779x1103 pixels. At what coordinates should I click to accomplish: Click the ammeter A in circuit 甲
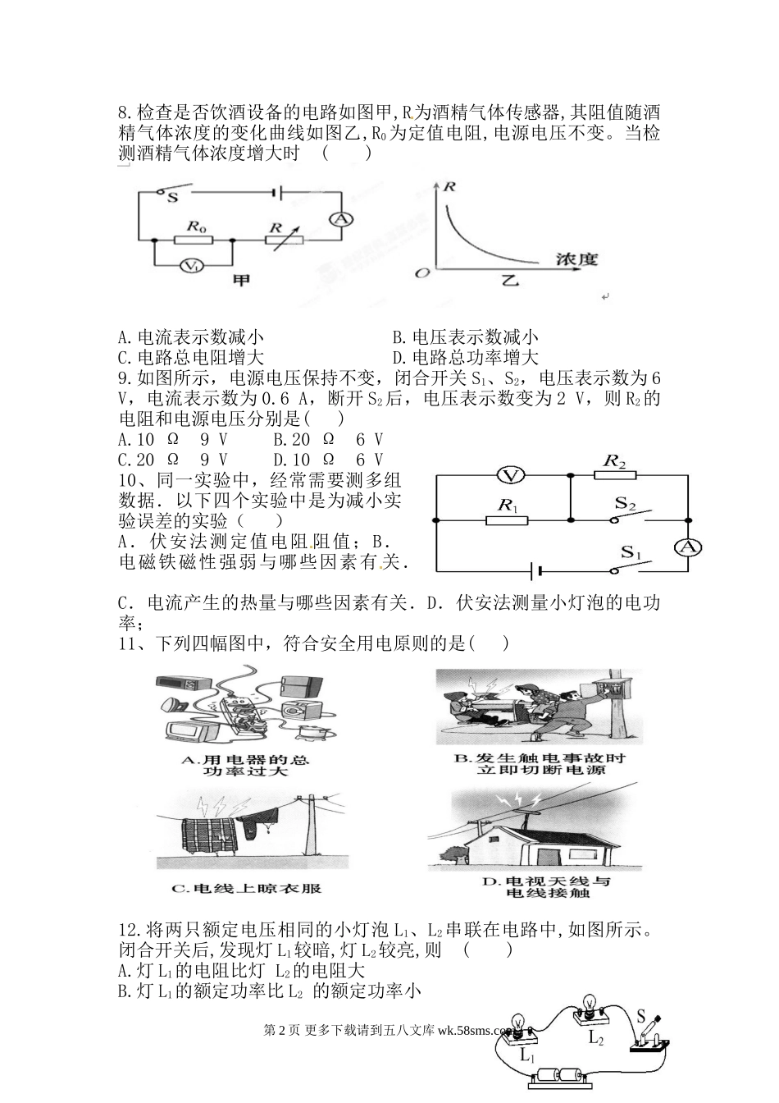coord(341,218)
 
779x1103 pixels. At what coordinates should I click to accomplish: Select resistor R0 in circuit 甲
coord(194,240)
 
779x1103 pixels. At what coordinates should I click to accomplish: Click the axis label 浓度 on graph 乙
coord(576,259)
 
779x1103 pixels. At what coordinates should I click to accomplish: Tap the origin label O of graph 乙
coord(422,272)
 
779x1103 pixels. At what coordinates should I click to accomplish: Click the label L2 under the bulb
coord(595,1037)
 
